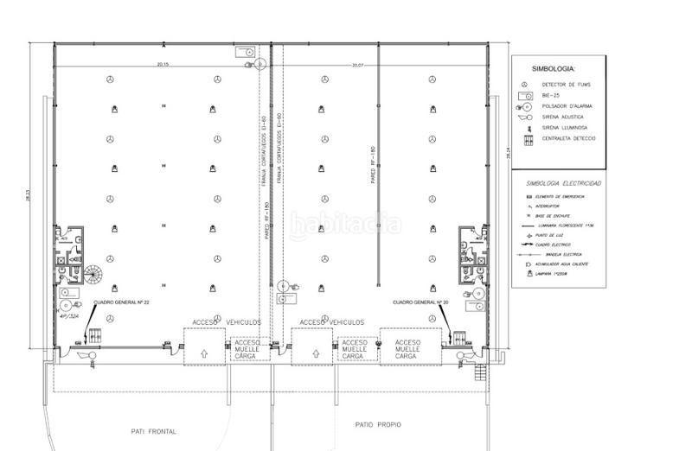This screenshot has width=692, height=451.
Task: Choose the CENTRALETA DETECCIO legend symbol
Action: [x=526, y=138]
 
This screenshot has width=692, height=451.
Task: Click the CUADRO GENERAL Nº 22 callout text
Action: [x=122, y=302]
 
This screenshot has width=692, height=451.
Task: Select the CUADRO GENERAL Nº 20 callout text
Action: [x=421, y=302]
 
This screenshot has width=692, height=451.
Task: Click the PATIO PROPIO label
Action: [x=379, y=425]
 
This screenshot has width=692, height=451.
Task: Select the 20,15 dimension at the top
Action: [x=163, y=65]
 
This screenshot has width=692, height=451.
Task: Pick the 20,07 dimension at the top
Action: [x=358, y=65]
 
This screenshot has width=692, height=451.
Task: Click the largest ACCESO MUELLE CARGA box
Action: [x=408, y=348]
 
